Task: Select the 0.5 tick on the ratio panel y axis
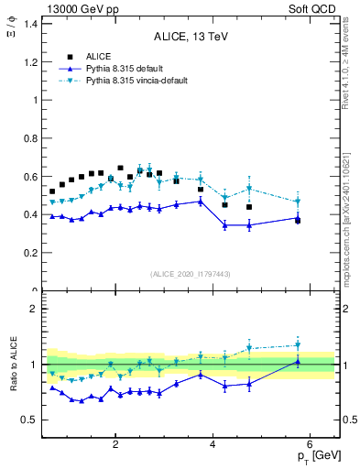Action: click(x=32, y=420)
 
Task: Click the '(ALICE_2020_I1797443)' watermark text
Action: click(x=191, y=274)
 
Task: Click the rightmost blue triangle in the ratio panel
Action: click(x=298, y=362)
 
